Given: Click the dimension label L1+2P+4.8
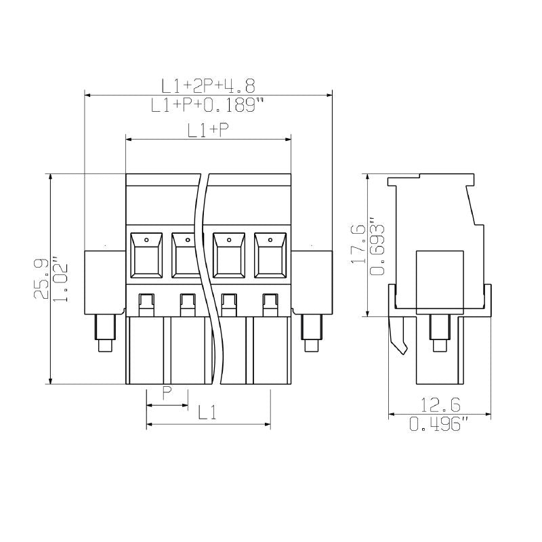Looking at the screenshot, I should coord(207,85).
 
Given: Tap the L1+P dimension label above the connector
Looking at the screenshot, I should coord(208,131).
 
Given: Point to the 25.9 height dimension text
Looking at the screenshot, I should coord(42,278).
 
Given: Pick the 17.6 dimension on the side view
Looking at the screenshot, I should coord(358,245).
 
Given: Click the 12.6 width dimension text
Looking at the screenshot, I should coord(440,405).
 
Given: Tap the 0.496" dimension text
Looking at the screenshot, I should coord(440,425).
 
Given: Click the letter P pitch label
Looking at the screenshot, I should coord(167,393).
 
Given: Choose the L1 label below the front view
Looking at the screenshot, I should coord(207,412).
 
